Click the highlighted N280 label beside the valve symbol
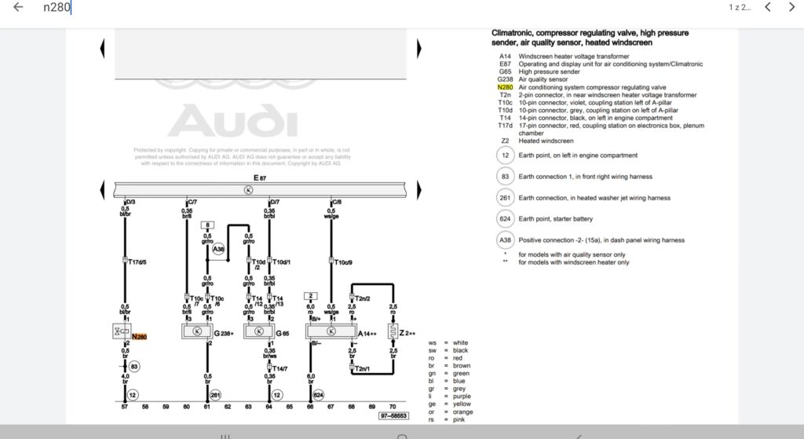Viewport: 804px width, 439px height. (x=139, y=337)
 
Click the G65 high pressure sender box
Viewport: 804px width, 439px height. (x=261, y=331)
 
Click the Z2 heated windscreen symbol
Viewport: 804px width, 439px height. (x=394, y=332)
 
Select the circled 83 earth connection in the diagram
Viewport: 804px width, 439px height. (x=134, y=366)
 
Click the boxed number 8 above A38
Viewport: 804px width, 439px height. (x=208, y=225)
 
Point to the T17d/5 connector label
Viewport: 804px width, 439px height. (x=138, y=262)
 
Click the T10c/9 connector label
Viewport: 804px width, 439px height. (x=343, y=262)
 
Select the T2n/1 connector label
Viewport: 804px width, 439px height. (x=362, y=369)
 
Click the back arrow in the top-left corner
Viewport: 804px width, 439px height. (x=18, y=8)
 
